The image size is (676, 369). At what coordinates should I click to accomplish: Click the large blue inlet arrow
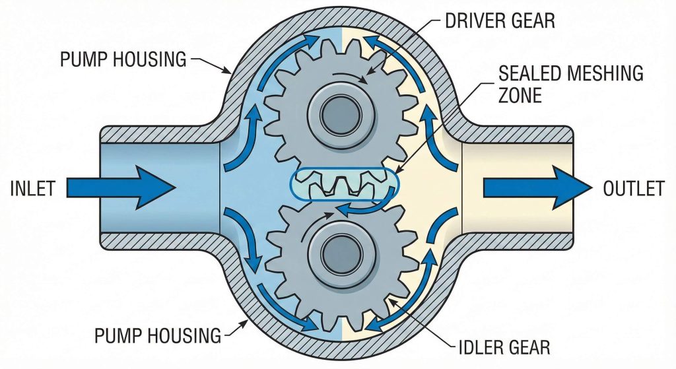pyautogui.click(x=132, y=187)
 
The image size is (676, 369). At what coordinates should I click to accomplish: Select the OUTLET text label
pyautogui.click(x=633, y=189)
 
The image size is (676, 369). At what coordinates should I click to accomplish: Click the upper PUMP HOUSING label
pyautogui.click(x=123, y=59)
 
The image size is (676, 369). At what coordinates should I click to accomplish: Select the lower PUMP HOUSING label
pyautogui.click(x=158, y=335)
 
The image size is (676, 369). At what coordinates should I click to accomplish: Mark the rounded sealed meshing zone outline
pyautogui.click(x=295, y=184)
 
